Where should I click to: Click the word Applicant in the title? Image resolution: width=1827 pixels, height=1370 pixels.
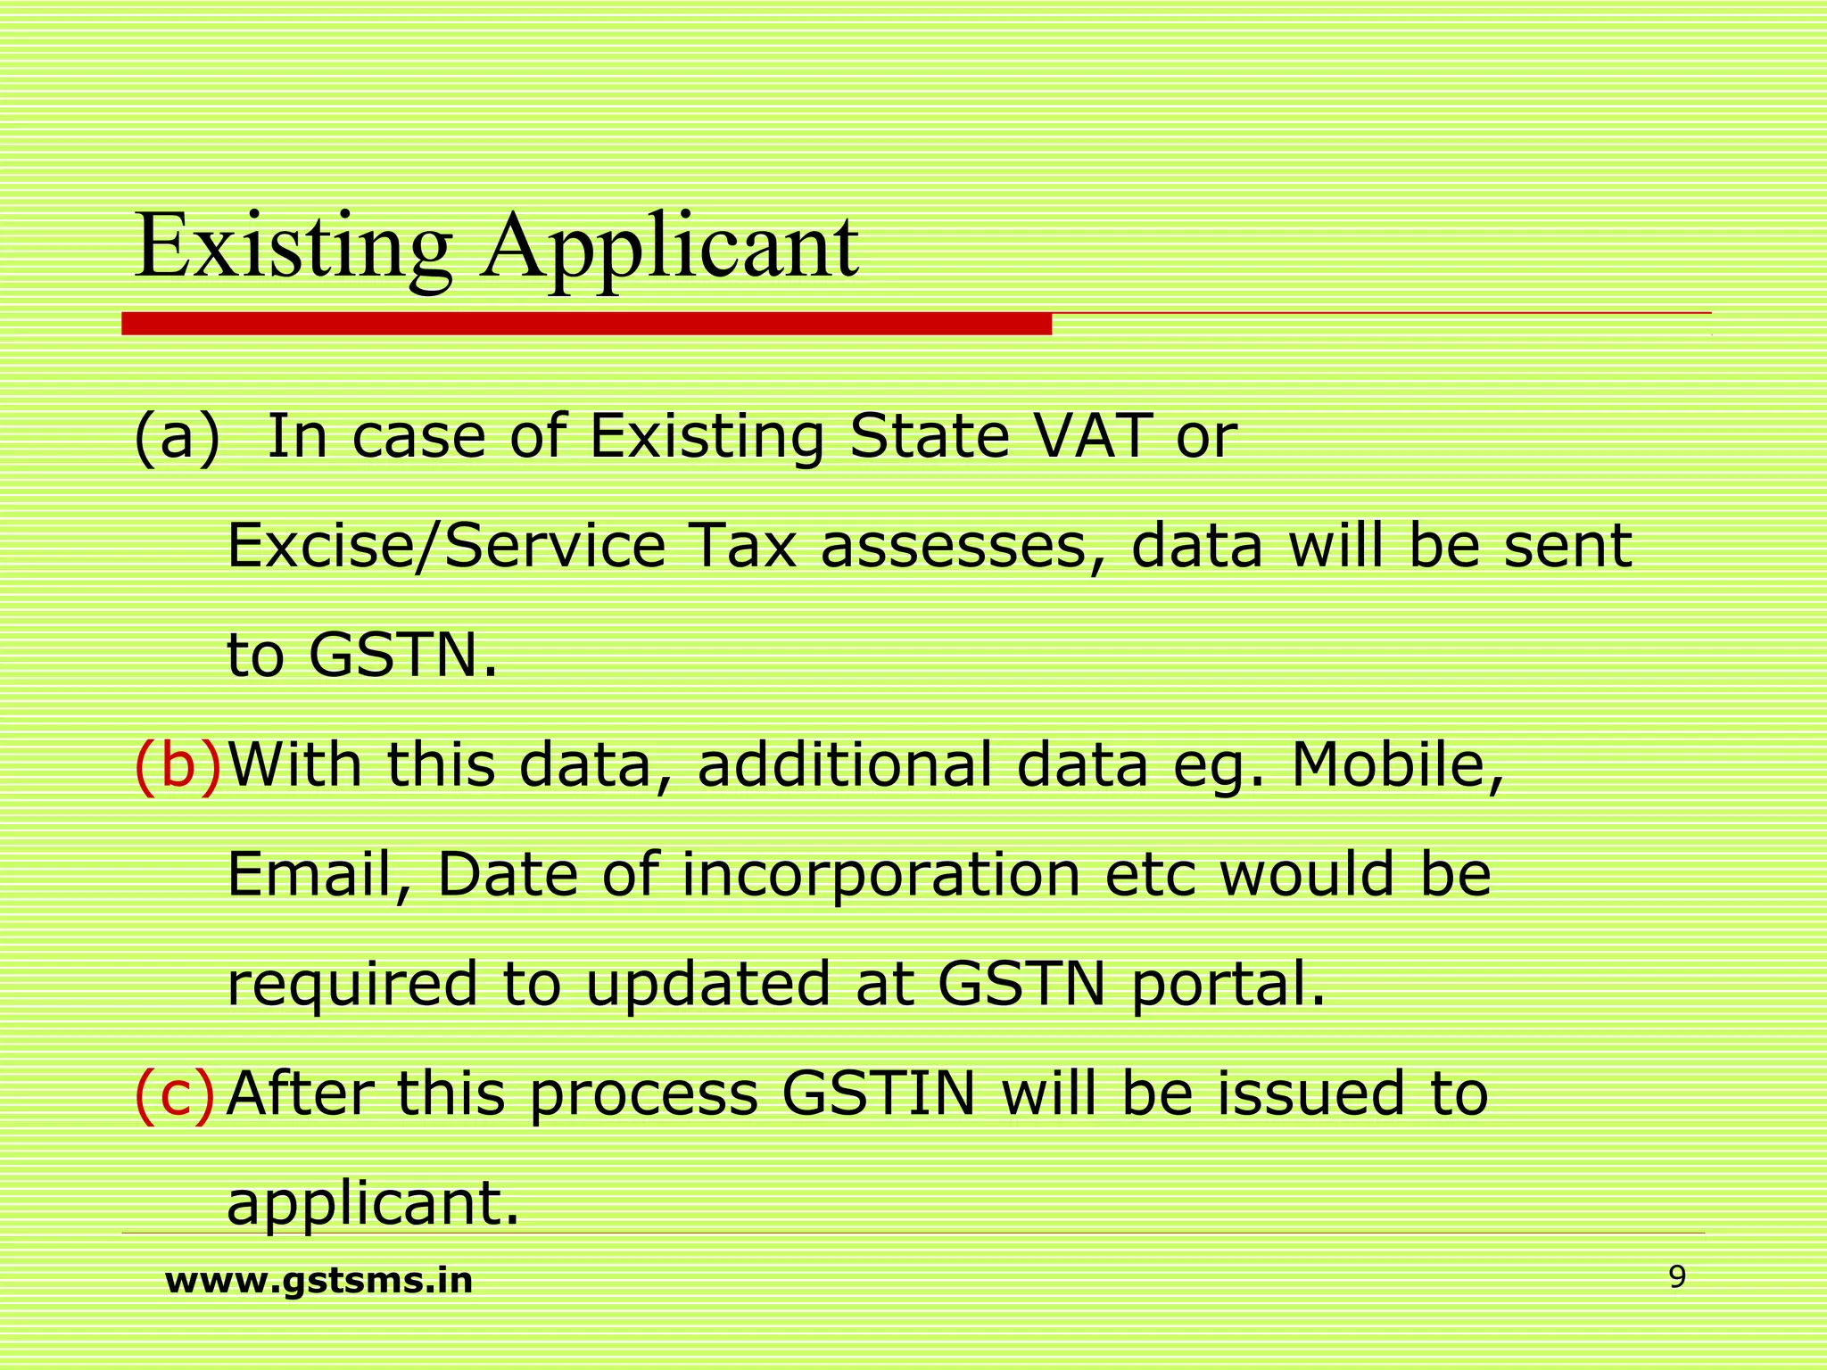pyautogui.click(x=669, y=246)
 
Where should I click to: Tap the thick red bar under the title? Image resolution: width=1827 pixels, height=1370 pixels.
pyautogui.click(x=586, y=324)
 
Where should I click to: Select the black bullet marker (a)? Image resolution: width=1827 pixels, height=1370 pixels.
pyautogui.click(x=176, y=438)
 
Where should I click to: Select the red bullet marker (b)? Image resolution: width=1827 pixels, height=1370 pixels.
pyautogui.click(x=176, y=765)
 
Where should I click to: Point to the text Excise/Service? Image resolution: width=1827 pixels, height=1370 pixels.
pyautogui.click(x=446, y=546)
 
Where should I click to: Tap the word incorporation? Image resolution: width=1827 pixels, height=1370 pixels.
pyautogui.click(x=881, y=875)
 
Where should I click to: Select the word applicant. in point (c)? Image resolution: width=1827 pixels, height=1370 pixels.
pyautogui.click(x=373, y=1203)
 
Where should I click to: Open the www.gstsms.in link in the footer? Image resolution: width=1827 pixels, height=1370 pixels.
pyautogui.click(x=318, y=1281)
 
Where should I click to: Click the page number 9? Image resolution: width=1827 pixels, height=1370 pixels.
pyautogui.click(x=1677, y=1278)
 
